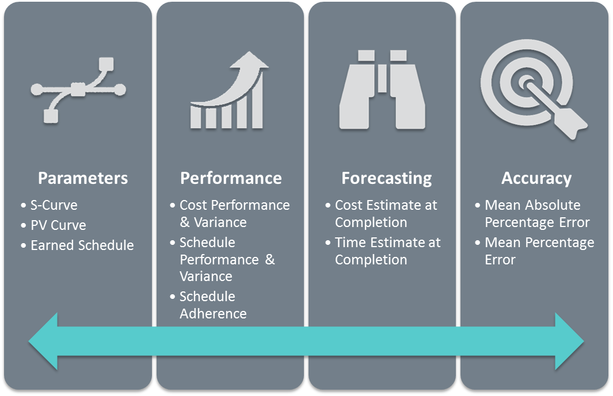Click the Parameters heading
click(83, 178)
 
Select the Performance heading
click(231, 178)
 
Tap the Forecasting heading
click(387, 179)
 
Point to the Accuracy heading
click(536, 179)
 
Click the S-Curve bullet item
click(54, 205)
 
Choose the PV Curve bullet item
click(58, 225)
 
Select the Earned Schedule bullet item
click(82, 245)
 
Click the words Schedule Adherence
click(213, 305)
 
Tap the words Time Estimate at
click(387, 243)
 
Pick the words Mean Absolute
click(532, 205)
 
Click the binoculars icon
click(382, 90)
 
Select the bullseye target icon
click(534, 89)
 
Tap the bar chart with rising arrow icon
click(230, 90)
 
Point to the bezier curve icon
click(78, 90)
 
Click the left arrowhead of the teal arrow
click(43, 341)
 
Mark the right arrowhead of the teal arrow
click(570, 341)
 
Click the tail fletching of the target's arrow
click(574, 124)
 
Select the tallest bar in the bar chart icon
click(257, 101)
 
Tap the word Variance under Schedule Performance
click(205, 276)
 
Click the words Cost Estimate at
click(386, 205)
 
